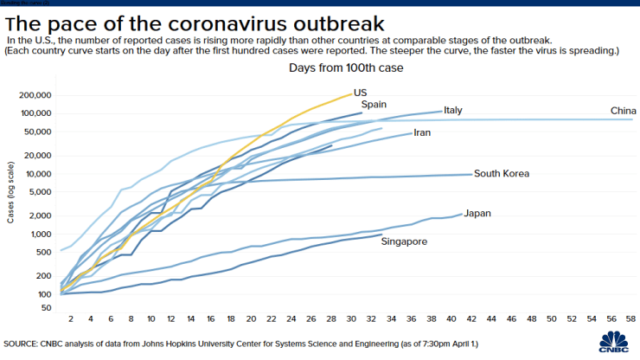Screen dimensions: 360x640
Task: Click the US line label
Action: point(360,92)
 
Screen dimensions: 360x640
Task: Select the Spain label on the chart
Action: point(374,105)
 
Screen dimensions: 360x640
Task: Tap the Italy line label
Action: point(454,111)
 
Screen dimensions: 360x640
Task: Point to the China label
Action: point(624,111)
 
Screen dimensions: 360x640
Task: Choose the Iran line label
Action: point(422,133)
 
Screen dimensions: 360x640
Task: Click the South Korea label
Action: point(502,174)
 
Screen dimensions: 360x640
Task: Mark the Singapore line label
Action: point(404,241)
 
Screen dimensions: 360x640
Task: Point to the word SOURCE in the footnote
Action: point(24,340)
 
